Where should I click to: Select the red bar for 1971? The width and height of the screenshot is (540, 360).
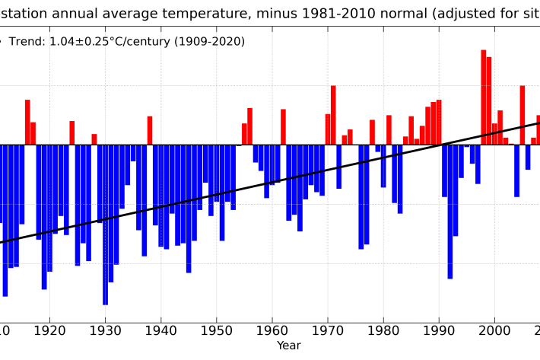click(333, 115)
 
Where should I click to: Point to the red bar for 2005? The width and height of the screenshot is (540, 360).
click(523, 115)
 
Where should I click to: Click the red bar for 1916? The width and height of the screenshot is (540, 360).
click(27, 122)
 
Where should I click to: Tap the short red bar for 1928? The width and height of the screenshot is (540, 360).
click(94, 139)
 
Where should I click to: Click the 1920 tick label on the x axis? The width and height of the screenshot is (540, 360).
click(49, 330)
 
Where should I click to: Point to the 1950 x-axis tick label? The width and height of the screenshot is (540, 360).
click(217, 330)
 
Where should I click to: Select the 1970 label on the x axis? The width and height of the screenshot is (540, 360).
click(328, 330)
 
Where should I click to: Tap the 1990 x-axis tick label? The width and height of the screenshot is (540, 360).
click(439, 330)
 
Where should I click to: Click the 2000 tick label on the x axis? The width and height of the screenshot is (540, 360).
click(495, 330)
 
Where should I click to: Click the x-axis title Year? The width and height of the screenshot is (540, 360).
click(288, 346)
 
